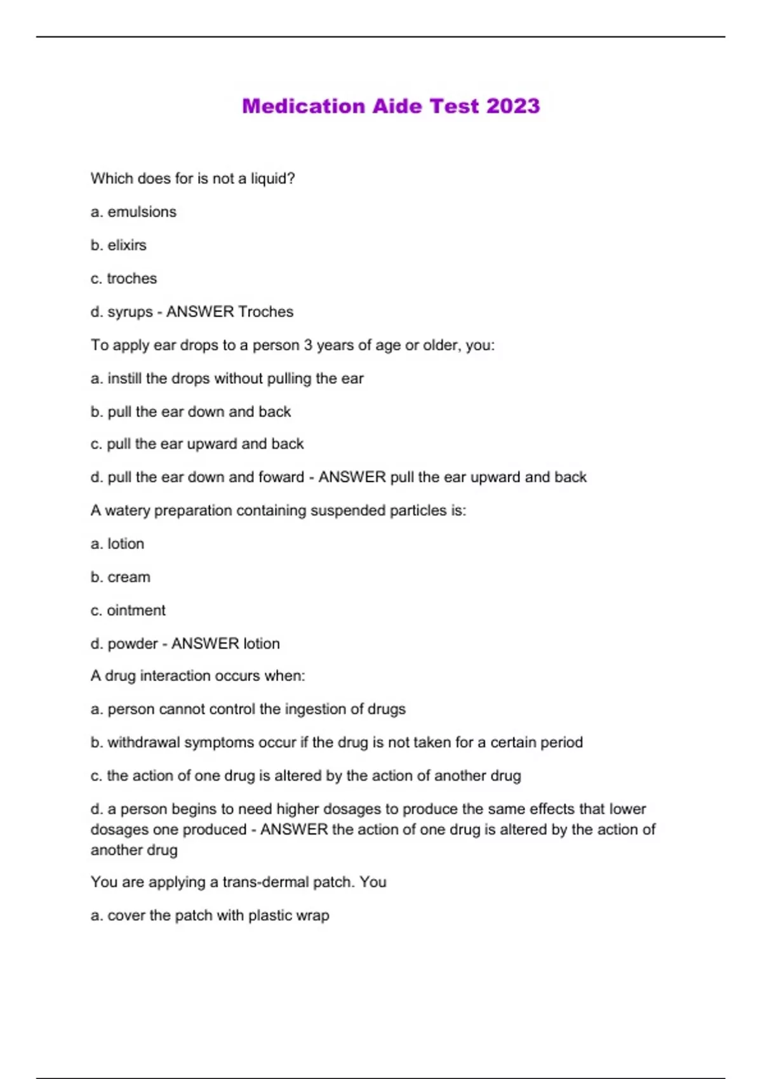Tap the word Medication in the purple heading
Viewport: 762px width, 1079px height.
coord(304,106)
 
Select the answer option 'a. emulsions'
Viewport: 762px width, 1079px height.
coord(133,212)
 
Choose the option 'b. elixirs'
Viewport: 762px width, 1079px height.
coord(119,245)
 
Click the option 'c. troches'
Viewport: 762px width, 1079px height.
coord(124,279)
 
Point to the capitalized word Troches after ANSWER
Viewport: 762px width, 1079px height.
coord(265,312)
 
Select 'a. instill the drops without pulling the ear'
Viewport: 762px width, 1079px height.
coord(227,379)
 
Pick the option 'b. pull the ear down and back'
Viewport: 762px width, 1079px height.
coord(190,412)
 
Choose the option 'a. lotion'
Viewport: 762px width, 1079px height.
coord(117,544)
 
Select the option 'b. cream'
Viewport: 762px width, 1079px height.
coord(121,578)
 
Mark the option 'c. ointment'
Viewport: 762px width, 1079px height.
coord(128,611)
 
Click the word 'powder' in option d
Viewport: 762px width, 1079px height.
coord(132,644)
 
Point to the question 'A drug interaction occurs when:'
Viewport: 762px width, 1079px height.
coord(197,676)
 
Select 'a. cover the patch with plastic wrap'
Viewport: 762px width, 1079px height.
coord(210,916)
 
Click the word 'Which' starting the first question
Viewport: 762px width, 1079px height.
coord(109,179)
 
